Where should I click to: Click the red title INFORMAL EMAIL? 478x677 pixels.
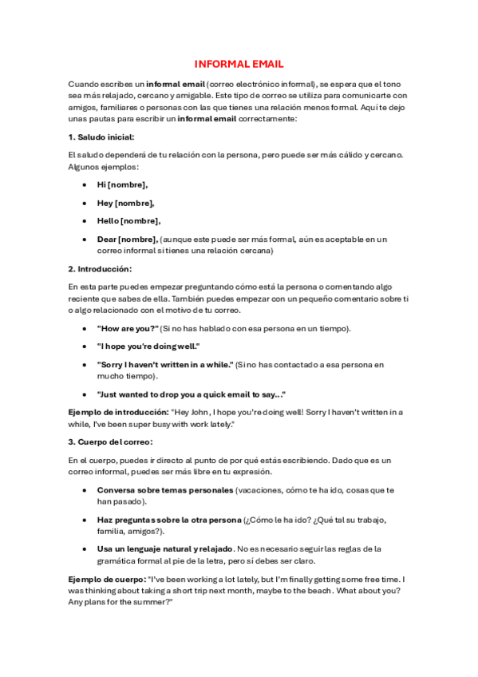239,64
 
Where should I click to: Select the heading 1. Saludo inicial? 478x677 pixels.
101,137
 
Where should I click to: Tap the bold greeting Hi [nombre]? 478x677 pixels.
122,184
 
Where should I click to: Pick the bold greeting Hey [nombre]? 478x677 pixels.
125,203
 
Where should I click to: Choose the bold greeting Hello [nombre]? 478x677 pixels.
128,221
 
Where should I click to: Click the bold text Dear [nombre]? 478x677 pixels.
128,239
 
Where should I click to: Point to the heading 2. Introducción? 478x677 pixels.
100,268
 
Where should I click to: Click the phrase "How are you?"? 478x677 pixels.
127,328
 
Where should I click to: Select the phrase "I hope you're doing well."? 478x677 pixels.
148,346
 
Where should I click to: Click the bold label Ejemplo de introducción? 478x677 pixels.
119,412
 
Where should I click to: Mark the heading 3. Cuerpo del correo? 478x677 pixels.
110,441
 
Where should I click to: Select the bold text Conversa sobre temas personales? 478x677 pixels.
165,489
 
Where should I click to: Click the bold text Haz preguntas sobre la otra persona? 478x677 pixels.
168,520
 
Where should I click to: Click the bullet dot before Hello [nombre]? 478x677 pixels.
85,221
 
